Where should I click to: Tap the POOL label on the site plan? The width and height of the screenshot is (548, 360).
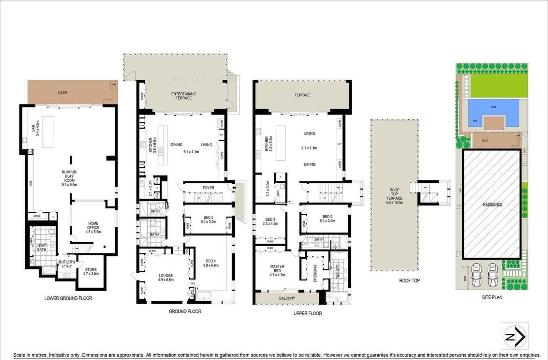pyautogui.click(x=493, y=107)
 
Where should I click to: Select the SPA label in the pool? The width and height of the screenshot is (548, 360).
pyautogui.click(x=475, y=121)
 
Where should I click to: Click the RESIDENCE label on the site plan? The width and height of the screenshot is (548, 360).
pyautogui.click(x=493, y=205)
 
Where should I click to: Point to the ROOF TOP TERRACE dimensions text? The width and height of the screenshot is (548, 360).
pyautogui.click(x=394, y=202)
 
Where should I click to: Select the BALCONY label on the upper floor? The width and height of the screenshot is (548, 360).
pyautogui.click(x=287, y=298)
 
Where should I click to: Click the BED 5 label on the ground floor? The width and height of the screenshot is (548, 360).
pyautogui.click(x=209, y=219)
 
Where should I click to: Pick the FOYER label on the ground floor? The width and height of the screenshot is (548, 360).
pyautogui.click(x=208, y=188)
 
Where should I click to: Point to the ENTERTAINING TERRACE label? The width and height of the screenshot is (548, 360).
pyautogui.click(x=184, y=96)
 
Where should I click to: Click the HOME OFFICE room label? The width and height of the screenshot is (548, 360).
pyautogui.click(x=93, y=227)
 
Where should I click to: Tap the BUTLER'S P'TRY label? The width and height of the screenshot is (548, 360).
pyautogui.click(x=67, y=264)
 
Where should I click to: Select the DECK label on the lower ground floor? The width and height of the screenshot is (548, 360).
pyautogui.click(x=63, y=92)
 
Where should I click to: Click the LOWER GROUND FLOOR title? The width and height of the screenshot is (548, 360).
pyautogui.click(x=68, y=298)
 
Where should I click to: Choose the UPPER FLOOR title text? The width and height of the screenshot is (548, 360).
pyautogui.click(x=308, y=313)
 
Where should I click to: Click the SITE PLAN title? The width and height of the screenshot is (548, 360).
pyautogui.click(x=492, y=297)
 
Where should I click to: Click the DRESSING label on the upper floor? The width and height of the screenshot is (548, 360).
pyautogui.click(x=315, y=273)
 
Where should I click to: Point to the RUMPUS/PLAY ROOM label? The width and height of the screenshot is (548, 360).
pyautogui.click(x=69, y=178)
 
